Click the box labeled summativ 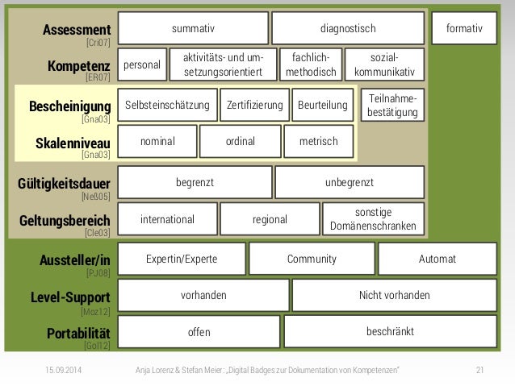coord(193,28)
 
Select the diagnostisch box coord(348,28)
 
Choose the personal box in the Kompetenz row coord(141,64)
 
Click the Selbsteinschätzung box coord(167,105)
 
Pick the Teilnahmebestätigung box coord(392,105)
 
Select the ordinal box coord(241,141)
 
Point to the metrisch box coord(318,141)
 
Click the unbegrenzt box coord(350,182)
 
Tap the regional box coord(270,219)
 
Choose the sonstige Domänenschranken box coord(374,218)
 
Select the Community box coord(312,259)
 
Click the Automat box coord(438,259)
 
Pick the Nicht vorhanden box coord(394,295)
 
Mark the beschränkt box coord(390,331)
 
